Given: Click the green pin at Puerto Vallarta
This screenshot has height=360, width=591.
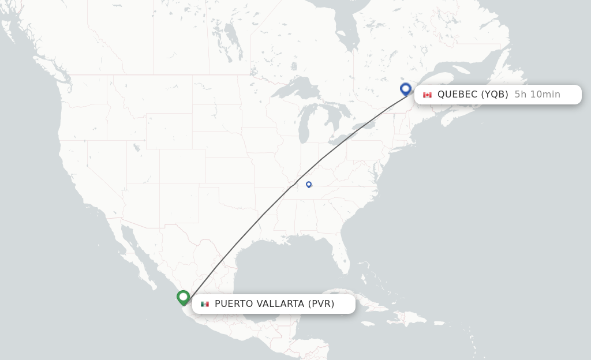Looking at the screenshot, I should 184,297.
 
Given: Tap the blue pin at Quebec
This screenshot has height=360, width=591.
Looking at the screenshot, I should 406,89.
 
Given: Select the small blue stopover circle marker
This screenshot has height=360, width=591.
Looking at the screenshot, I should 309,185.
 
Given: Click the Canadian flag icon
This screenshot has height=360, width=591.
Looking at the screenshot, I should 427,95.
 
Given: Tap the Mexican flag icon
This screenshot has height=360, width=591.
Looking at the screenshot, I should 205,304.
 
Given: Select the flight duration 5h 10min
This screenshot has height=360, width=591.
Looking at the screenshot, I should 537,95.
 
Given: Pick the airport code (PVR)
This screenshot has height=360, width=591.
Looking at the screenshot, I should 321,303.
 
